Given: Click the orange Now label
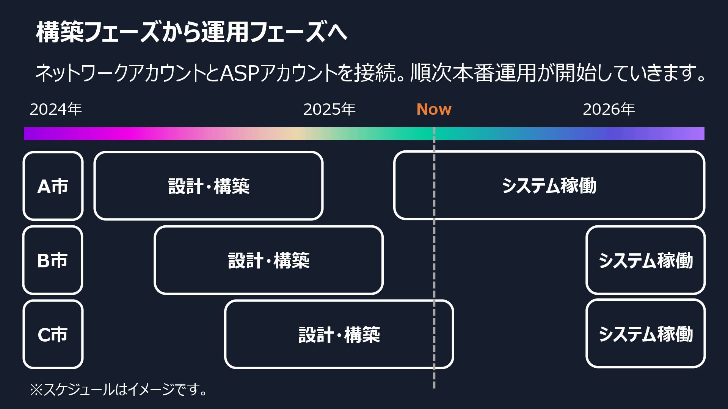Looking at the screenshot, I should pyautogui.click(x=434, y=109).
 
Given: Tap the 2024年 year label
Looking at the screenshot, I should pyautogui.click(x=56, y=109).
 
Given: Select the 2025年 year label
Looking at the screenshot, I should pyautogui.click(x=329, y=109).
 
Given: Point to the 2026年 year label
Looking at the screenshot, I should pyautogui.click(x=609, y=109).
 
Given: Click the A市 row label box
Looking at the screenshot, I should pyautogui.click(x=53, y=186).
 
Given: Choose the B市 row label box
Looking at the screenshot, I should pyautogui.click(x=53, y=260).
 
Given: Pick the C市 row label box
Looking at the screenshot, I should pyautogui.click(x=53, y=334).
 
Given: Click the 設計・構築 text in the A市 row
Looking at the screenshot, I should pyautogui.click(x=209, y=186).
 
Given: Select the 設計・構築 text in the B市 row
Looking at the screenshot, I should pyautogui.click(x=269, y=261).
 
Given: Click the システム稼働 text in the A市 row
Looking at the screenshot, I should pyautogui.click(x=549, y=186).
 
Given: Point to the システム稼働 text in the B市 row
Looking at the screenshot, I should pyautogui.click(x=646, y=261).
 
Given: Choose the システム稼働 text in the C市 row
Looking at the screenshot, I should pyautogui.click(x=646, y=334).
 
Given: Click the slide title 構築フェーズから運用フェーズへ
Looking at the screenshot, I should pyautogui.click(x=191, y=32).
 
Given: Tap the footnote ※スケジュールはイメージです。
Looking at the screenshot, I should pyautogui.click(x=119, y=389).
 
